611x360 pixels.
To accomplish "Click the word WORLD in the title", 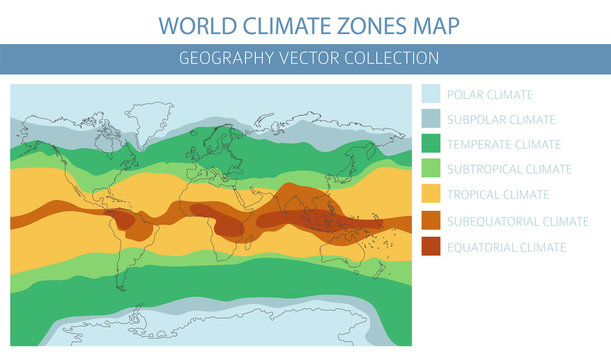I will click(x=199, y=22).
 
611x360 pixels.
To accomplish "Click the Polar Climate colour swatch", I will click(x=433, y=95).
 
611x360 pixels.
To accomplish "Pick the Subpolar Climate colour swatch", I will click(x=433, y=120).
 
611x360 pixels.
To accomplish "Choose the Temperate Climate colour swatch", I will click(x=433, y=145).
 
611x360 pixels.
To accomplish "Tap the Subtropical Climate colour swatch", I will click(x=433, y=170).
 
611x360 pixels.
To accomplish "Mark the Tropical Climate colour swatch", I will click(x=433, y=195).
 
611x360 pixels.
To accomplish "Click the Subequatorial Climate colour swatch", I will click(x=433, y=221).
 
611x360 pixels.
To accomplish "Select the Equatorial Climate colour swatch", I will click(x=433, y=246).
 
